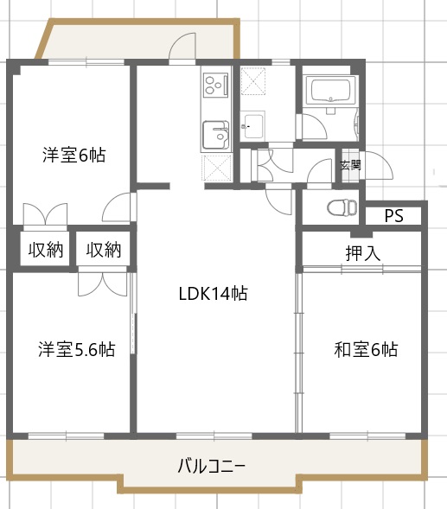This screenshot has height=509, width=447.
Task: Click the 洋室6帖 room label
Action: [74, 156]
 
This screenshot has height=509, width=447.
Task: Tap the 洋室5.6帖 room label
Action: [76, 350]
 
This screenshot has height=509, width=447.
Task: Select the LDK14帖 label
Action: [213, 294]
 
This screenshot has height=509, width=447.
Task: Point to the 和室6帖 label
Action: [366, 350]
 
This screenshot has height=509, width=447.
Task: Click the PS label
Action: [393, 216]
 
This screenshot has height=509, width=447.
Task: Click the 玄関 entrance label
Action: [350, 165]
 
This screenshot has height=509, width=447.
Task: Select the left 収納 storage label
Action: [45, 251]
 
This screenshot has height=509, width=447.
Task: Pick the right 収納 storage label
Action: [104, 251]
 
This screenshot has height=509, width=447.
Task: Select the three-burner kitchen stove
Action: [214, 86]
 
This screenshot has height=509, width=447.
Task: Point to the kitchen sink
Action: [214, 135]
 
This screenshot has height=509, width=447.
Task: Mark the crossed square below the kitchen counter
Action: [214, 167]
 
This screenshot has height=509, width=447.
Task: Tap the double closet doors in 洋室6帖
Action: [45, 213]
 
